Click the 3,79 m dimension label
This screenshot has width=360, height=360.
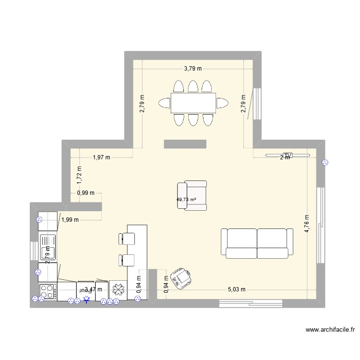pos(192,69)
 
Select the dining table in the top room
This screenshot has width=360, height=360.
pos(193,103)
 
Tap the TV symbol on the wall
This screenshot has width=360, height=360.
pos(288,155)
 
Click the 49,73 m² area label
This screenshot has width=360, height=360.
pos(186,200)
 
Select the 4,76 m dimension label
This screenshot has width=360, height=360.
pos(308,223)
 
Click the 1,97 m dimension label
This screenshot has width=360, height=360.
pos(101,157)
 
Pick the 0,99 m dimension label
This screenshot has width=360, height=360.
pos(85,193)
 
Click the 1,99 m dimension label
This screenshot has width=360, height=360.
pos(69,220)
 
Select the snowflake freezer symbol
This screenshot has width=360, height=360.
pos(118,290)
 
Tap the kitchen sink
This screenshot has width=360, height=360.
pos(48,247)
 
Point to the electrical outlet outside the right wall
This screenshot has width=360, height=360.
pos(325,163)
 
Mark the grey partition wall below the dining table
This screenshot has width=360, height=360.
pos(185,143)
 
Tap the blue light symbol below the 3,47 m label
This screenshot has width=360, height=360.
pos(86,300)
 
